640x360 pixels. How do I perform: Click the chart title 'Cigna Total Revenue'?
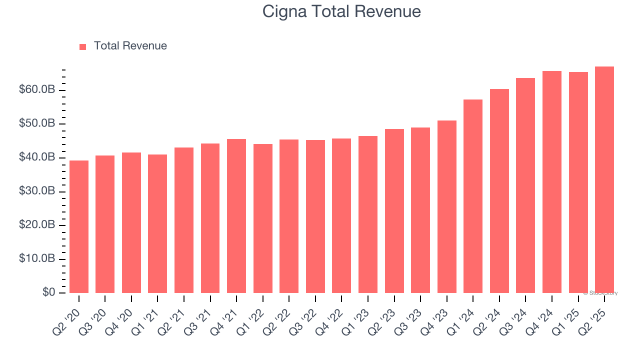point(341,11)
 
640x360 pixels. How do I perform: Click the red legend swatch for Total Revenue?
point(83,46)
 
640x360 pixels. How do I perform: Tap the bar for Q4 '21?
point(236,216)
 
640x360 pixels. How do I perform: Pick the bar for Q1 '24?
point(473,196)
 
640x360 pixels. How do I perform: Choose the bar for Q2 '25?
point(604,180)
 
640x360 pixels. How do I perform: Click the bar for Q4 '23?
point(446,206)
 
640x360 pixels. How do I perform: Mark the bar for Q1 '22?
point(262,218)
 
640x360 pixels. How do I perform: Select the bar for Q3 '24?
point(525,185)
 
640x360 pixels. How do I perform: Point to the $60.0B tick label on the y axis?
point(37,89)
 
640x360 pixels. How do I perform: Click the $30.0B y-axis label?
point(37,191)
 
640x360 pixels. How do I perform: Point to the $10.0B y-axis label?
point(37,259)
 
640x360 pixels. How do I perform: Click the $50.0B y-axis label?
point(37,123)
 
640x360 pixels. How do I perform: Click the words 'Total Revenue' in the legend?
point(130,46)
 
